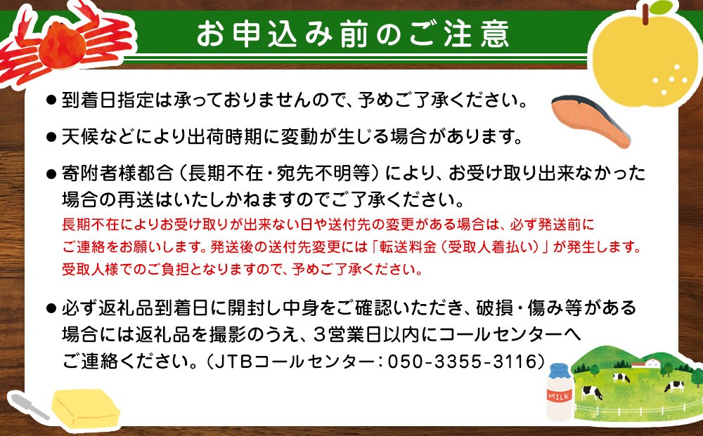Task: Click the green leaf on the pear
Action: [662, 8]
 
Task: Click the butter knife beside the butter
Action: [28, 406]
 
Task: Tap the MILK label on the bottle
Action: [559, 396]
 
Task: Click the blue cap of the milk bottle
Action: [559, 370]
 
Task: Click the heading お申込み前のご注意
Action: [353, 34]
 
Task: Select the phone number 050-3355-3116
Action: [463, 362]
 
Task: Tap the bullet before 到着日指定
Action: [51, 100]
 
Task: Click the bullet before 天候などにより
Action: [51, 136]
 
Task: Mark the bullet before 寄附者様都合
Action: [51, 173]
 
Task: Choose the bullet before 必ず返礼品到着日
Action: [51, 308]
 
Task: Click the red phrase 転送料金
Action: [408, 246]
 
